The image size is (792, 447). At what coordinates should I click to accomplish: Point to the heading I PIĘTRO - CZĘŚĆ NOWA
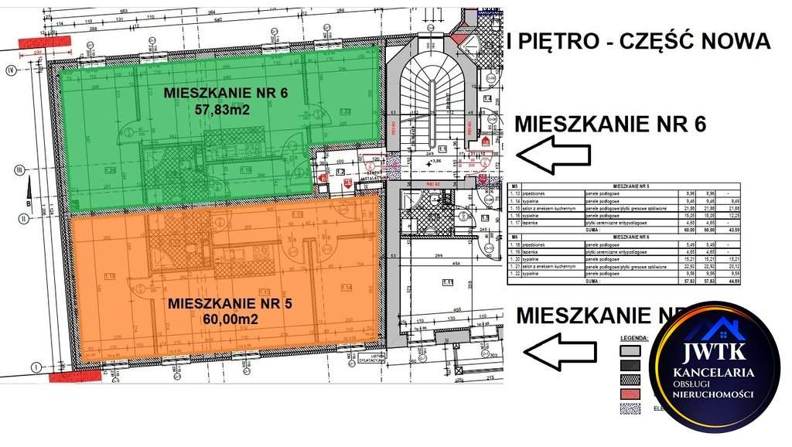(638, 42)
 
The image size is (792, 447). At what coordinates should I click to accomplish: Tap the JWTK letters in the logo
(713, 353)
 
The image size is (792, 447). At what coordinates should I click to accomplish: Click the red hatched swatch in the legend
(631, 394)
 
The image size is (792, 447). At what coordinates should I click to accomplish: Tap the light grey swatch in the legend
(631, 350)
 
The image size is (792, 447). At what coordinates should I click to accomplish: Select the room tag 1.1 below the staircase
(443, 148)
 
